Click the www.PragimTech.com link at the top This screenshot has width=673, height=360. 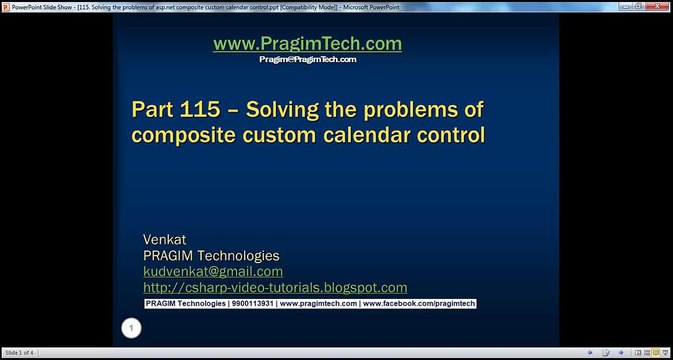(x=307, y=44)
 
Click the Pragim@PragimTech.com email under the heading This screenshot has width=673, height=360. (x=307, y=59)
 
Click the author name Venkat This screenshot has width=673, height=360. (x=165, y=240)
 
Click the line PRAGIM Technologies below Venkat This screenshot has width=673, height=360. (x=211, y=256)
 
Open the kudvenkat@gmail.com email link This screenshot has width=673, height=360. (x=213, y=271)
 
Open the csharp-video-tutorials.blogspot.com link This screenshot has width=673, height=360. (x=275, y=287)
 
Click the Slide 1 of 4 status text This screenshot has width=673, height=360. (x=20, y=353)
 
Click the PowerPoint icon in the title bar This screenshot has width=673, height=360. (x=6, y=5)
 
